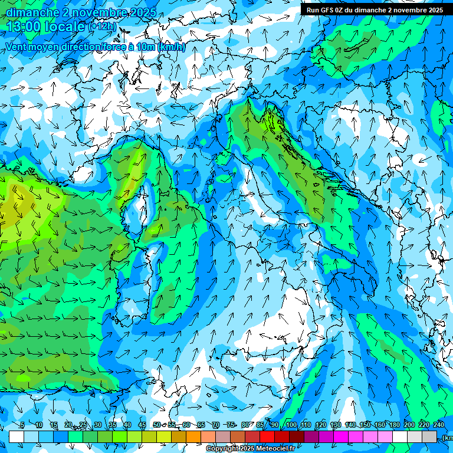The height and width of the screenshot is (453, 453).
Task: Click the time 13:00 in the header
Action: click(24, 26)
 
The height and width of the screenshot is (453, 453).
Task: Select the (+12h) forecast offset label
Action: click(102, 27)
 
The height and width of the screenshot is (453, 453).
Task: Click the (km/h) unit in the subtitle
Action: click(172, 47)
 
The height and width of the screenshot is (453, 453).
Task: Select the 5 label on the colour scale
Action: click(22, 425)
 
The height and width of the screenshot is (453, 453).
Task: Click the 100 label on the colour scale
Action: click(291, 425)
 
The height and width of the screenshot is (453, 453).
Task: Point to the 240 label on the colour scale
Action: click(438, 425)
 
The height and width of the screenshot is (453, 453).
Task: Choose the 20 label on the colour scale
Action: click(68, 425)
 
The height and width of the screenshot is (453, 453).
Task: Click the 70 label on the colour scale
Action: click(216, 425)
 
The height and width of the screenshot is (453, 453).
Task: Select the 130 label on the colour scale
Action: click(336, 425)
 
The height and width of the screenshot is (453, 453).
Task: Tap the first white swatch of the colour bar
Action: click(17, 436)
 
